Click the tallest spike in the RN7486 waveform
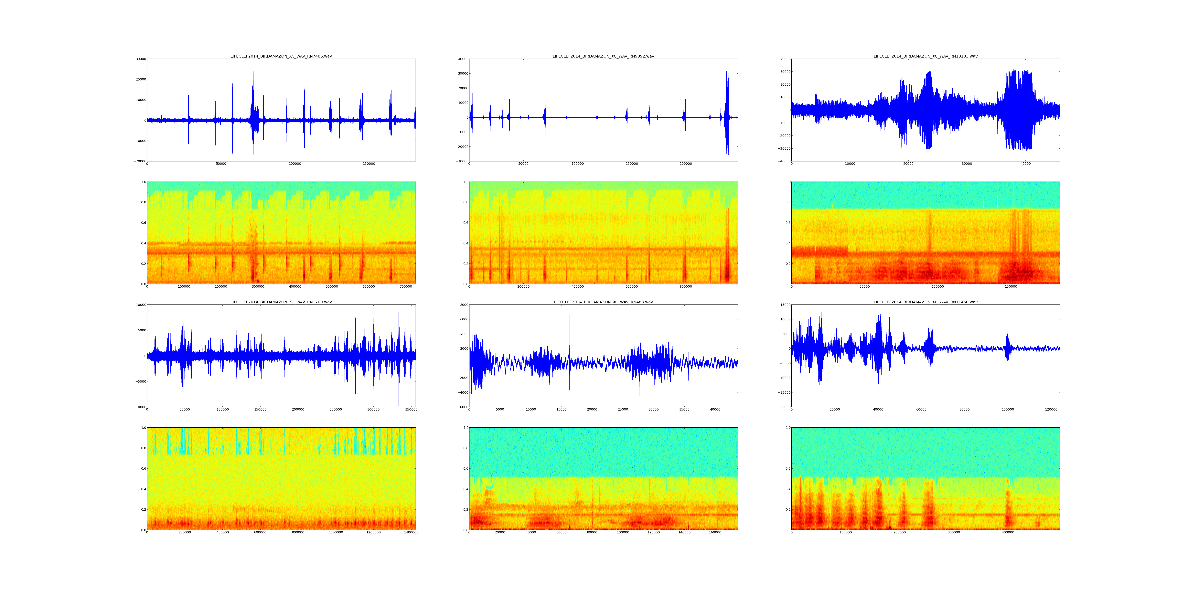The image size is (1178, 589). (253, 64)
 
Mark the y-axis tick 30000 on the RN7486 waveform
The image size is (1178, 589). (140, 59)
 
